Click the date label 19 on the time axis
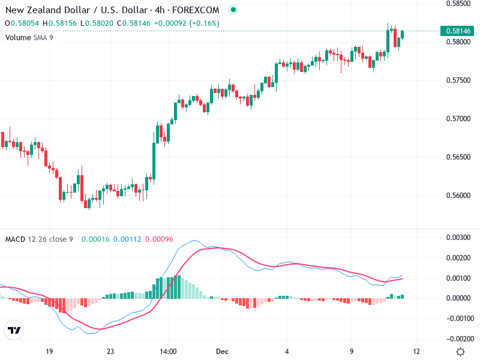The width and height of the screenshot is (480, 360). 49,352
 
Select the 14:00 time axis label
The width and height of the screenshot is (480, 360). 168,352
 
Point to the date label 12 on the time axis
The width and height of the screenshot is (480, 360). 416,352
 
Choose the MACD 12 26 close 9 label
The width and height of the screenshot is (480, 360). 39,239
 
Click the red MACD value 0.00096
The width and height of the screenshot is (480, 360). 159,239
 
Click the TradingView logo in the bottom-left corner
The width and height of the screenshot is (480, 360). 14,331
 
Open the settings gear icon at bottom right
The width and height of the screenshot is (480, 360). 460,352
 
